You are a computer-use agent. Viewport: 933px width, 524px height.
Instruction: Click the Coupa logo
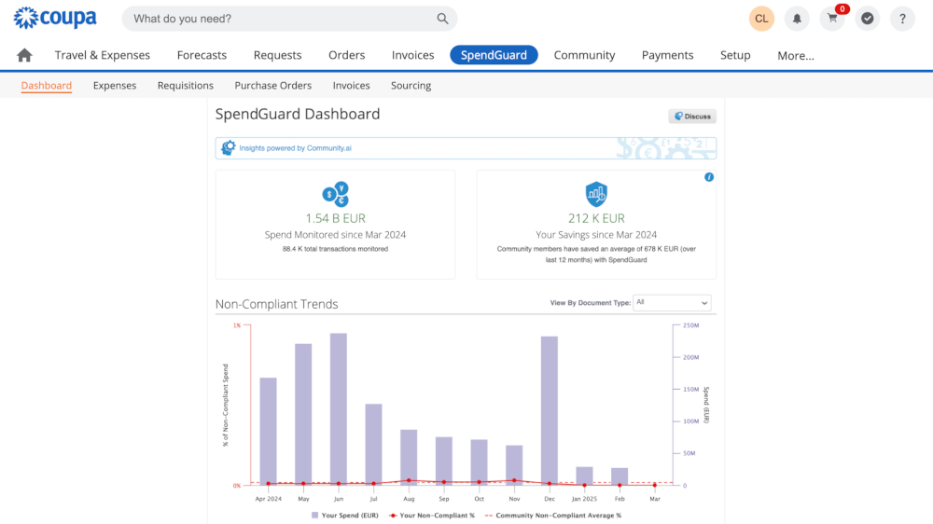[x=55, y=18]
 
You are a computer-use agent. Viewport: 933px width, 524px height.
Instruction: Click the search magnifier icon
[x=442, y=19]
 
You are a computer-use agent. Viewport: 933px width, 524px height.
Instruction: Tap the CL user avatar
[x=761, y=19]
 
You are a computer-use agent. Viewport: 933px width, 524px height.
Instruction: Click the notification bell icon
[x=797, y=19]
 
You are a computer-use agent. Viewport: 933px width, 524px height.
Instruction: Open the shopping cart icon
[x=832, y=19]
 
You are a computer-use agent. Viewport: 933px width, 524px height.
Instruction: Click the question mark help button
[x=902, y=19]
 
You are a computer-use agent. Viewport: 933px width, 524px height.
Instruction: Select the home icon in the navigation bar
[x=24, y=55]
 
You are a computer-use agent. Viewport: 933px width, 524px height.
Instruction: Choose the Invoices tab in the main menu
[x=412, y=55]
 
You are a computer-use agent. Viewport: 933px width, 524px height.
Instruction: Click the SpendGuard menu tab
[x=494, y=55]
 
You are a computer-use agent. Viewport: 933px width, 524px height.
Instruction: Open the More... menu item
[x=795, y=56]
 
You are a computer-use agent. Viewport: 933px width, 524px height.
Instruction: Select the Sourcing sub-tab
[x=411, y=86]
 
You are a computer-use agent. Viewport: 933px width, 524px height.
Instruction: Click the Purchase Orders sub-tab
[x=272, y=86]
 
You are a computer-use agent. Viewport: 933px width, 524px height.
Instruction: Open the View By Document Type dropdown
[x=672, y=303]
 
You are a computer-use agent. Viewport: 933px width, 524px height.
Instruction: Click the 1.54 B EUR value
[x=335, y=219]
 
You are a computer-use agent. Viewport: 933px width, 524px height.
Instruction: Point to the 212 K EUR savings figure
[x=596, y=219]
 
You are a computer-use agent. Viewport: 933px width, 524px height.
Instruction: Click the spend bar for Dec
[x=549, y=410]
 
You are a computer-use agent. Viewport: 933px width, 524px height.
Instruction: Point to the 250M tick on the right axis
[x=691, y=325]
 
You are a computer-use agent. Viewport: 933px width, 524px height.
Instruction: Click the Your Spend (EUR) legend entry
[x=345, y=515]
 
